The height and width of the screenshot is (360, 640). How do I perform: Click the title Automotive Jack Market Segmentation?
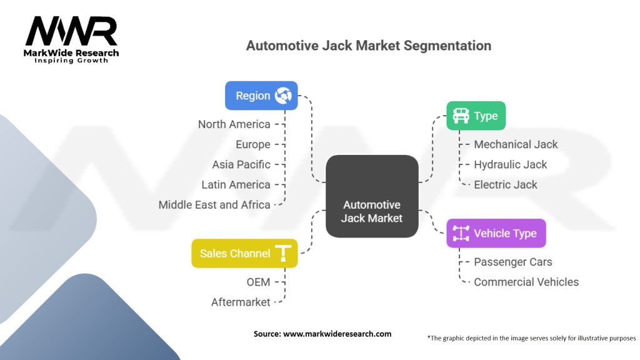click(368, 46)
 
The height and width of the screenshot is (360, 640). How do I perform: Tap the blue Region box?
click(261, 96)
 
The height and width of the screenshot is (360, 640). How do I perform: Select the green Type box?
click(476, 116)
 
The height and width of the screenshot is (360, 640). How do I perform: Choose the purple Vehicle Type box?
click(496, 234)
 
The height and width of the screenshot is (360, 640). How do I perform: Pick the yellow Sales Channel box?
click(244, 253)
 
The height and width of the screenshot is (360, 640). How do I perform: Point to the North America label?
click(234, 124)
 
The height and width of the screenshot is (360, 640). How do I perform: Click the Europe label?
click(253, 144)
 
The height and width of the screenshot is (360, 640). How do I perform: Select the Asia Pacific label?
click(241, 164)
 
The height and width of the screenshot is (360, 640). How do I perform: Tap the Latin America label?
click(236, 184)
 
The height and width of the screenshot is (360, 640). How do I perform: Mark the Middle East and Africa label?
click(214, 204)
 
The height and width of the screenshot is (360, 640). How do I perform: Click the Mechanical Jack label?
click(516, 144)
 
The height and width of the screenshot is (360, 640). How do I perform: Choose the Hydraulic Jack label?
click(510, 164)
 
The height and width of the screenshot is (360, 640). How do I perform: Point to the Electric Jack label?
click(506, 184)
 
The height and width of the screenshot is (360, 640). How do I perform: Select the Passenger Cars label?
click(513, 262)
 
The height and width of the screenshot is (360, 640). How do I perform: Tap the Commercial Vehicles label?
click(526, 282)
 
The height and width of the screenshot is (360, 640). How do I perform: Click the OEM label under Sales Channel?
click(257, 282)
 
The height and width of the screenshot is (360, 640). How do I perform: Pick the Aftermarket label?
click(241, 302)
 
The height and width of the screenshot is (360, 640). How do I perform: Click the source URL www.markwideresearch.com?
click(337, 334)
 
